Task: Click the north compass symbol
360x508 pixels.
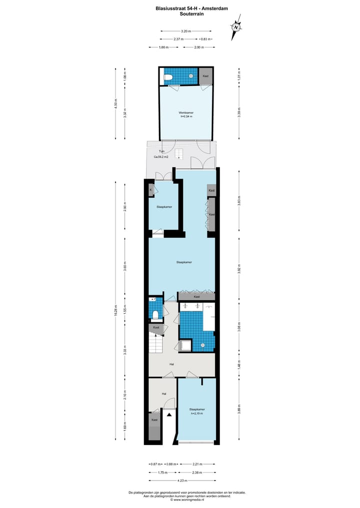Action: pyautogui.click(x=235, y=27)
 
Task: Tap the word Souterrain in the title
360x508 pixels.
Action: pyautogui.click(x=192, y=14)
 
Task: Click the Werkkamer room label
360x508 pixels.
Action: pyautogui.click(x=186, y=113)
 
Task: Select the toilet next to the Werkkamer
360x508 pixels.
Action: pyautogui.click(x=169, y=77)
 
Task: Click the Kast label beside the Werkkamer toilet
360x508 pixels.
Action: pyautogui.click(x=205, y=76)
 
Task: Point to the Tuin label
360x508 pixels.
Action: pyautogui.click(x=161, y=151)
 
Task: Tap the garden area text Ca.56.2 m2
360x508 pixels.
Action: pyautogui.click(x=161, y=157)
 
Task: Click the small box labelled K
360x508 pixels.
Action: pyautogui.click(x=151, y=190)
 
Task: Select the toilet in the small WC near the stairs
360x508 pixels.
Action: pyautogui.click(x=155, y=314)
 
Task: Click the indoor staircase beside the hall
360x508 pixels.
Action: pyautogui.click(x=156, y=344)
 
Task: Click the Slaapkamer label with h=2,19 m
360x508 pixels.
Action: pyautogui.click(x=197, y=411)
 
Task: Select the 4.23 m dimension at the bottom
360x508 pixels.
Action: pyautogui.click(x=182, y=481)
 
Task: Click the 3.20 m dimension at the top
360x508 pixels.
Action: pyautogui.click(x=185, y=31)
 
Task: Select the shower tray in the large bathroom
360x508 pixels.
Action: pyautogui.click(x=186, y=345)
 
